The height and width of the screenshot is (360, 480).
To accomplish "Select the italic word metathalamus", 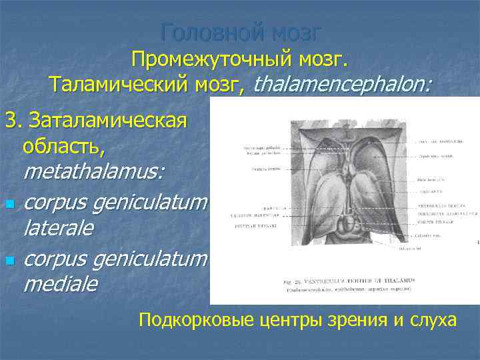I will [x=93, y=171].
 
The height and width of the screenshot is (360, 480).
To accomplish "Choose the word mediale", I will [x=60, y=285].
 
